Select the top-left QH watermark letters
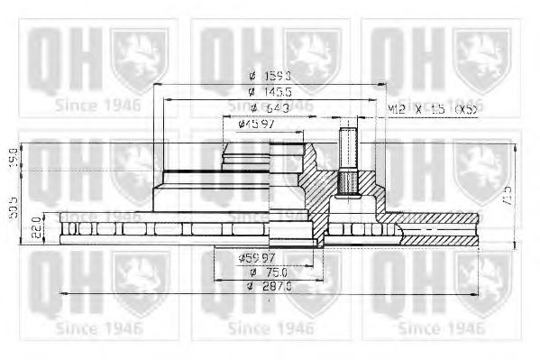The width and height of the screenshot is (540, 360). pos(56,60)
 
